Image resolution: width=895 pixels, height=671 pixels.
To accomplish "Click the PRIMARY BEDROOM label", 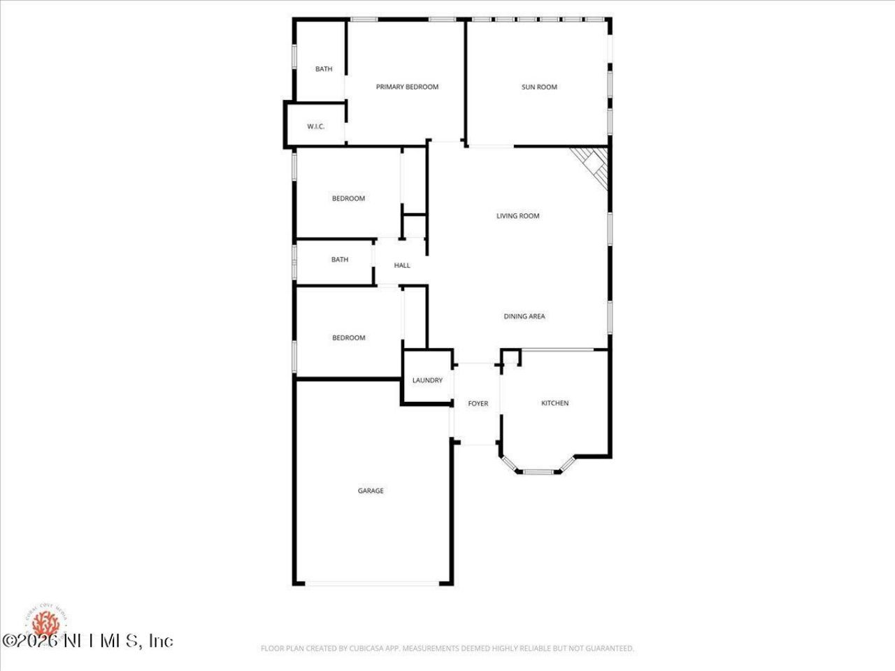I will (x=407, y=87).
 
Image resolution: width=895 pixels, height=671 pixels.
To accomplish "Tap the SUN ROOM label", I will (x=539, y=87).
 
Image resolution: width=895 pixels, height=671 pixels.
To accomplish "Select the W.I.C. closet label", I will (x=315, y=127).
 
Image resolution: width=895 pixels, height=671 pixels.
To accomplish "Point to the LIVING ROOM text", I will (x=517, y=216).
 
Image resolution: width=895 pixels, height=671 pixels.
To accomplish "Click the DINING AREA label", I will (x=524, y=317).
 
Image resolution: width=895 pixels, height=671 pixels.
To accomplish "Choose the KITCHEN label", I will (x=554, y=403).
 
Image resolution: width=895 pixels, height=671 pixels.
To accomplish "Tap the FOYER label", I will (x=478, y=404).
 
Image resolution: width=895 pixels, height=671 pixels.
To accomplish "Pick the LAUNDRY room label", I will (x=427, y=381).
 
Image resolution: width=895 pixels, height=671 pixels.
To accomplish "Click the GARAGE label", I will (x=371, y=491).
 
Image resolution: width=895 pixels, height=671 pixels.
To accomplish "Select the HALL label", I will (x=402, y=266).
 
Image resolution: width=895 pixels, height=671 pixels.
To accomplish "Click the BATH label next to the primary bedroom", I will (x=324, y=69).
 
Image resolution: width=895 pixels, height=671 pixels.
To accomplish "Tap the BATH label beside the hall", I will (x=340, y=260).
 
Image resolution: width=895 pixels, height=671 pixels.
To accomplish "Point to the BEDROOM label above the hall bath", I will (x=348, y=199).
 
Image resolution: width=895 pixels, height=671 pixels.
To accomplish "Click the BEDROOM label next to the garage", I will (x=348, y=338).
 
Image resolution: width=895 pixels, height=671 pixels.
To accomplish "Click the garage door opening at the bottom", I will (x=372, y=584).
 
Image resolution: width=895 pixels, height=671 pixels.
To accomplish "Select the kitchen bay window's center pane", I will (x=538, y=472).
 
